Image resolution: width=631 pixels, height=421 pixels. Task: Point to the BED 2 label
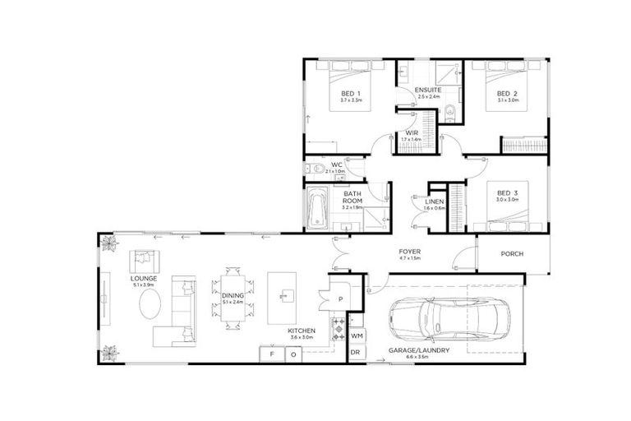(507, 95)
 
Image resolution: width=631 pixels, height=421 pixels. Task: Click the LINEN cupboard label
(435, 201)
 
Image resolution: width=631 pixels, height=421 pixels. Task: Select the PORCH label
(512, 254)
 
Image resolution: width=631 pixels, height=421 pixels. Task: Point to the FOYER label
(409, 252)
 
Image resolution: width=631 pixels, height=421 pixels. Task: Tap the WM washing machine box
(357, 335)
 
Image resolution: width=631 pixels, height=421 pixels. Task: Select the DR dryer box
(355, 354)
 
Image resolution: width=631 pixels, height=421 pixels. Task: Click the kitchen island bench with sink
(286, 295)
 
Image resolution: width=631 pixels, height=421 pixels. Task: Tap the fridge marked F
(271, 354)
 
